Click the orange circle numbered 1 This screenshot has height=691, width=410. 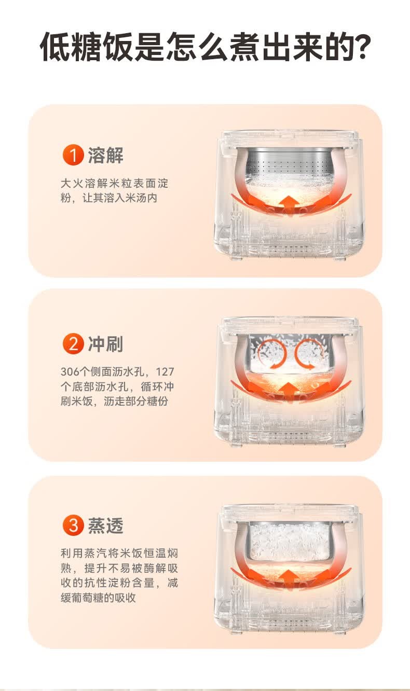point(73,155)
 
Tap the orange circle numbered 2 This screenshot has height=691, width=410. point(73,343)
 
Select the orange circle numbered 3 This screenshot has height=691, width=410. point(73,525)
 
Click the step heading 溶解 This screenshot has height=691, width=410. point(105,155)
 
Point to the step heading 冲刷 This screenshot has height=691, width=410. point(105,344)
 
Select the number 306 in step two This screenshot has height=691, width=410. point(70,372)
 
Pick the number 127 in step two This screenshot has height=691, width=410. point(165,372)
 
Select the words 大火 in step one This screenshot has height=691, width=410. point(72,183)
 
